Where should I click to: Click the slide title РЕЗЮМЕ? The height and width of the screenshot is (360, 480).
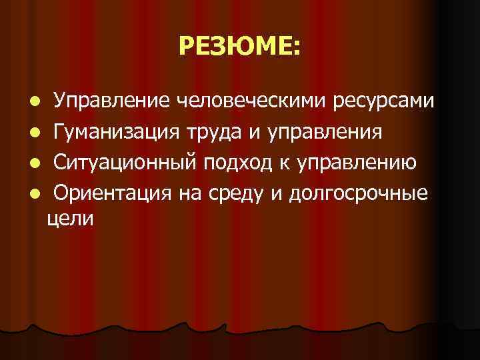pyautogui.click(x=240, y=46)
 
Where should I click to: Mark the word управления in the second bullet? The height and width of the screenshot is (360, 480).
pyautogui.click(x=325, y=132)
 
